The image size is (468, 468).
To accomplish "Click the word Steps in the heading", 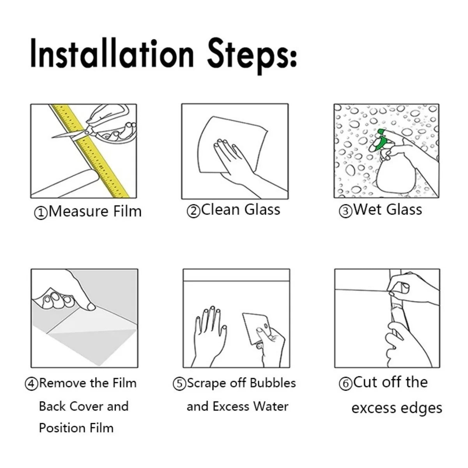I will pos(252,55).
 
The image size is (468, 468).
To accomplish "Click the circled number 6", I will pos(345,384).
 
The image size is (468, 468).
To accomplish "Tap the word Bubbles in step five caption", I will pos(273,383).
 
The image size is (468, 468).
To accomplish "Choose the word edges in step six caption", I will pos(423,408).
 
